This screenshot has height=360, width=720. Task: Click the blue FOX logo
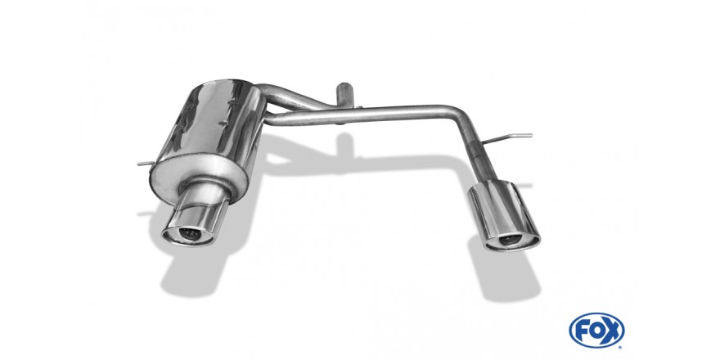(596, 330)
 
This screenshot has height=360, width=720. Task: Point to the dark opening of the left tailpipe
(189, 233)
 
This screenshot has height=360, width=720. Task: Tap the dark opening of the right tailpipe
(510, 239)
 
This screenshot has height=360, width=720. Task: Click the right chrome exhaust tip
(504, 215)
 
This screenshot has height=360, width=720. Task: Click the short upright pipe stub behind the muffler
(344, 95)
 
